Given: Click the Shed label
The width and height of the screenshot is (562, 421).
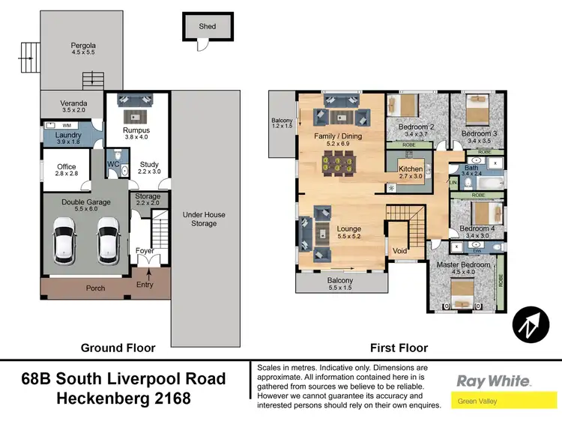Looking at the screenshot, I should click(x=208, y=26).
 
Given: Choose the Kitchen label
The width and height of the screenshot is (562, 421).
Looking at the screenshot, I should click(x=411, y=169).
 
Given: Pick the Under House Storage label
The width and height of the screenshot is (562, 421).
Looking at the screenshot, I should click(x=204, y=219).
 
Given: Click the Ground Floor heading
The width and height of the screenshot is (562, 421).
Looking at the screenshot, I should click(x=118, y=348).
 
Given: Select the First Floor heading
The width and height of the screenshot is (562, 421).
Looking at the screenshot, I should click(x=399, y=348).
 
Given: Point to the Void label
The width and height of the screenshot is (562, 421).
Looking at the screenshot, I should click(x=400, y=251).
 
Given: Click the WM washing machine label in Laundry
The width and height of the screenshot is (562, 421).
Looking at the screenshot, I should click(x=66, y=125).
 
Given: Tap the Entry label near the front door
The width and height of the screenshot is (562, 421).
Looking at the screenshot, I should click(x=145, y=284).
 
